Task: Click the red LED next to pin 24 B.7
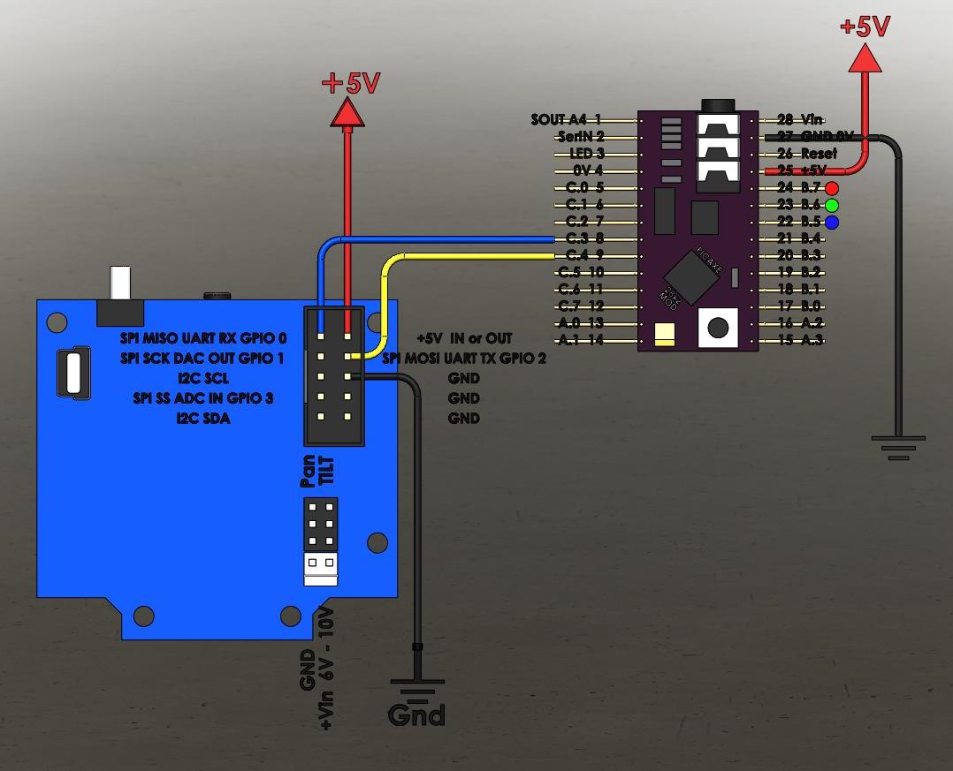point(831,188)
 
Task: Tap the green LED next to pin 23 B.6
point(831,205)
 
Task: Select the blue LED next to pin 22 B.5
point(831,223)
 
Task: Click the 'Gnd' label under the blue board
point(416,714)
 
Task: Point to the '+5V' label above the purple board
point(865,26)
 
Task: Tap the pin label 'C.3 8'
point(584,238)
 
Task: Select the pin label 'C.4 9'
point(584,256)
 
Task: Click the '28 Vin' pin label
point(800,119)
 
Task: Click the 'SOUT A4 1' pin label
point(567,119)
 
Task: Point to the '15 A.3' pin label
point(800,340)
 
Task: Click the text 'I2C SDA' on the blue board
point(203,419)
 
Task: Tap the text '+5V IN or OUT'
point(464,338)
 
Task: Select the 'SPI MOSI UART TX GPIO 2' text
point(464,359)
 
